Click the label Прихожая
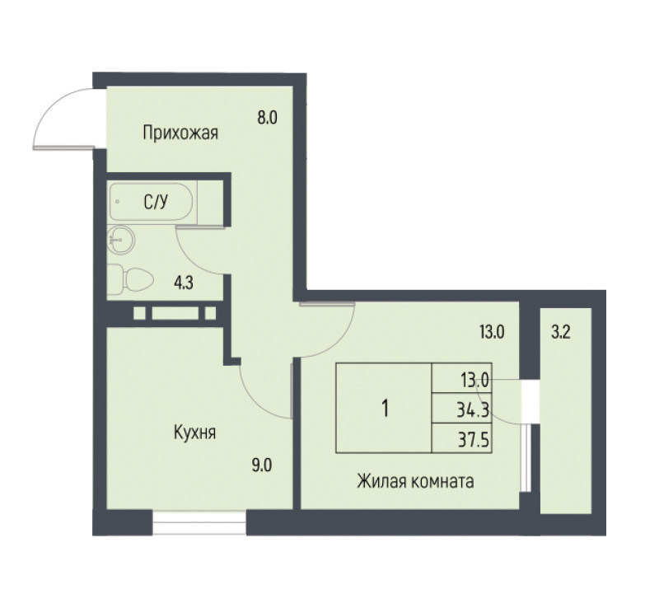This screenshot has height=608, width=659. [x=180, y=133]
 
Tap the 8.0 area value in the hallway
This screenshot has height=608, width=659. [x=267, y=118]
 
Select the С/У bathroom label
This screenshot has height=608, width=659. [x=156, y=202]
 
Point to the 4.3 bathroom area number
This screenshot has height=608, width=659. [x=184, y=283]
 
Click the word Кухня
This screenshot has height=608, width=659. [x=194, y=433]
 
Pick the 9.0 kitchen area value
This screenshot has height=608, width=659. [x=261, y=465]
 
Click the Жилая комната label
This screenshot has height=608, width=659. [x=415, y=481]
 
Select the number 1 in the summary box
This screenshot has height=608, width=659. [x=385, y=409]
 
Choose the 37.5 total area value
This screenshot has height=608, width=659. [x=473, y=440]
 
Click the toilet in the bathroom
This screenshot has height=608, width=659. [x=130, y=279]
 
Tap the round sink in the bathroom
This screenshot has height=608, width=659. [x=121, y=240]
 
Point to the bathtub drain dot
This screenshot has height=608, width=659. [x=117, y=201]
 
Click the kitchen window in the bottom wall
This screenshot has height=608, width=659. [x=199, y=522]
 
